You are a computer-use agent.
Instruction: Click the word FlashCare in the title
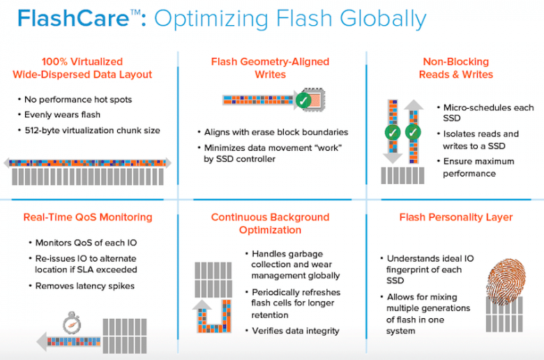(x=73, y=18)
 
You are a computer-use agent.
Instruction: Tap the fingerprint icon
(x=506, y=281)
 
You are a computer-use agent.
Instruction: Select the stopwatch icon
(x=72, y=322)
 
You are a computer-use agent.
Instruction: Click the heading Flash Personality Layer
(x=456, y=217)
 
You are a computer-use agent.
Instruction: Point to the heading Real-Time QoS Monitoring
(x=88, y=217)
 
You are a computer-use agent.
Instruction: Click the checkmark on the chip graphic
(x=303, y=100)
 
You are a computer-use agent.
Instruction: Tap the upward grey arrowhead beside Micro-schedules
(x=414, y=105)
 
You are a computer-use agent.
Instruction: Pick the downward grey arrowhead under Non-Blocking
(x=393, y=158)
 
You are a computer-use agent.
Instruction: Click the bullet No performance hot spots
(x=78, y=100)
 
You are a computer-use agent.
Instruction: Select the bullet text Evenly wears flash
(x=62, y=115)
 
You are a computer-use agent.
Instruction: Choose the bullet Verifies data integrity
(x=296, y=331)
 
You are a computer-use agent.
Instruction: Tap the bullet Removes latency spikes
(x=85, y=286)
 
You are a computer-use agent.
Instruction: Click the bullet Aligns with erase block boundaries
(x=276, y=133)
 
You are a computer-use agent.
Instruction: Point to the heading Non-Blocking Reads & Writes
(x=456, y=68)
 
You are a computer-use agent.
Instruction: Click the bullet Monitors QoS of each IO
(x=86, y=243)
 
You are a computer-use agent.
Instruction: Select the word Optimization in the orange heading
(x=271, y=230)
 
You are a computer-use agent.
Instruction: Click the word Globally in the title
(x=383, y=19)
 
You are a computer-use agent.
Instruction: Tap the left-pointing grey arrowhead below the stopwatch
(x=42, y=342)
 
